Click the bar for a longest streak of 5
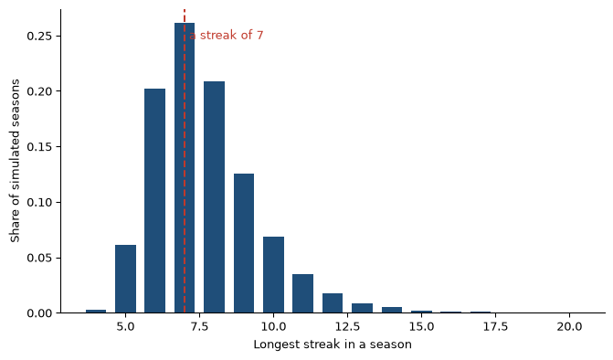[125, 279]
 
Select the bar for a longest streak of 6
[154, 201]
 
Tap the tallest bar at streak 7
[185, 168]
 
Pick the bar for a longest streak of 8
[215, 197]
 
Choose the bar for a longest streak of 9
[244, 244]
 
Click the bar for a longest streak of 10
[274, 275]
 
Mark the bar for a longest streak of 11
[303, 293]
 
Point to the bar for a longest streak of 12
[333, 303]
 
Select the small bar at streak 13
[363, 308]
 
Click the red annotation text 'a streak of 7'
[227, 36]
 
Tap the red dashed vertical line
[185, 161]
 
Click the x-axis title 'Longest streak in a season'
[333, 344]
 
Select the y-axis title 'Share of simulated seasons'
[15, 161]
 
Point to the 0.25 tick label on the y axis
[38, 36]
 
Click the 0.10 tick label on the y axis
[38, 203]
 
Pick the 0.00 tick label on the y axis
[38, 313]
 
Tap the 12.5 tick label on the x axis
[347, 326]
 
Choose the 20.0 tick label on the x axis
[569, 326]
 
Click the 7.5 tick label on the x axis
[199, 326]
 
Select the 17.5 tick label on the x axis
[495, 326]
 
